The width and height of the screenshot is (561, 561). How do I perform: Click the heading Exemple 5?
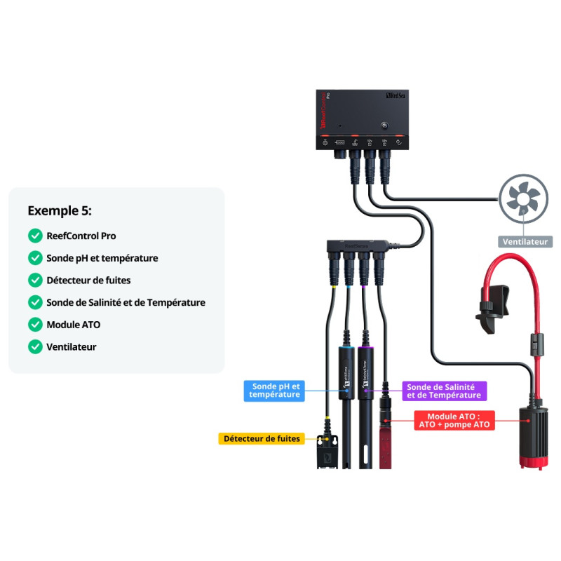pos(60,210)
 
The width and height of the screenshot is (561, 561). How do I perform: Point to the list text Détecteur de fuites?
pos(88,280)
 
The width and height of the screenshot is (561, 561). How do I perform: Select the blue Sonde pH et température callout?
pos(275,391)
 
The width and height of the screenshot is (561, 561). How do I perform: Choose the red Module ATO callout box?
pos(455,420)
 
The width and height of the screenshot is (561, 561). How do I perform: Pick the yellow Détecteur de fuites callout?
pos(261,439)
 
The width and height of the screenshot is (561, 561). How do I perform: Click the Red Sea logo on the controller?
pos(396,98)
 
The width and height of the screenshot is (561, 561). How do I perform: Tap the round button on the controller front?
pos(384,126)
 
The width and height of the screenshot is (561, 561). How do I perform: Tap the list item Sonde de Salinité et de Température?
pos(126,302)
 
